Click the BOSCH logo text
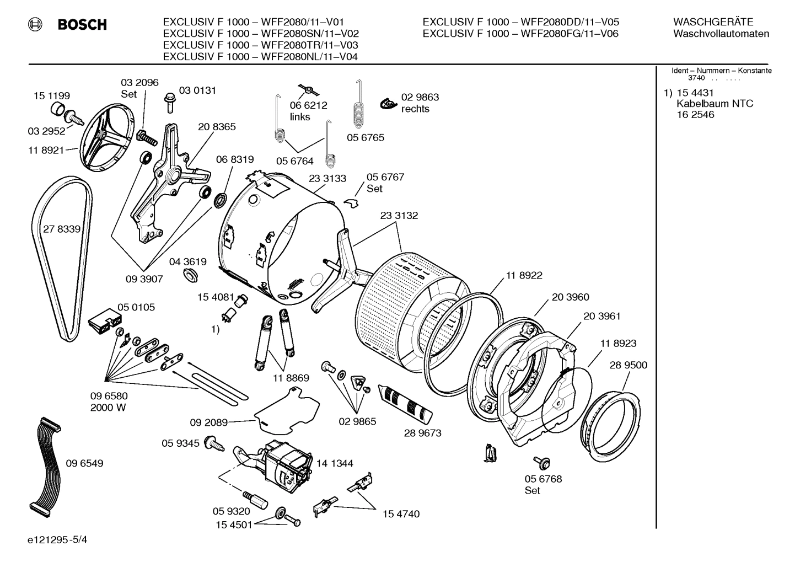click(x=82, y=24)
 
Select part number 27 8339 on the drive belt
click(x=62, y=229)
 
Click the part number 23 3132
click(x=399, y=216)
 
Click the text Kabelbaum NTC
click(x=714, y=104)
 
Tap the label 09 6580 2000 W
click(x=109, y=402)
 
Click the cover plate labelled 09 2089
click(x=287, y=408)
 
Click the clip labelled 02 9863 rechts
click(x=388, y=103)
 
